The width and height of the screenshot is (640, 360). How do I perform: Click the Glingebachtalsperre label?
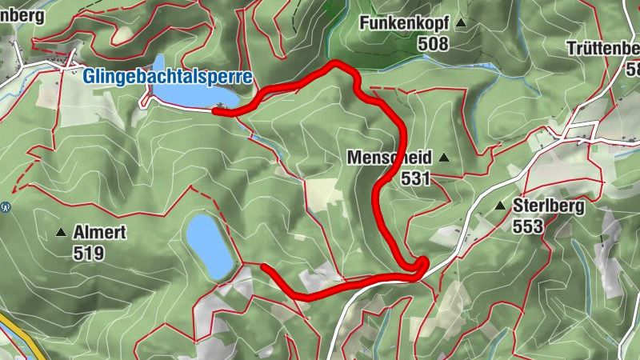click(167, 78)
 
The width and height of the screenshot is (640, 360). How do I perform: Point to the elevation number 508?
click(433, 44)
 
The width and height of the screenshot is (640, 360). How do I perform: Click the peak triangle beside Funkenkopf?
click(461, 24)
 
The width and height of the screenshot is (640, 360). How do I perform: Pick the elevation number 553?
click(528, 226)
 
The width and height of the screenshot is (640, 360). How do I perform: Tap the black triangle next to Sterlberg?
click(501, 206)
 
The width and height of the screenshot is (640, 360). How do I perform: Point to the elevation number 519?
click(88, 254)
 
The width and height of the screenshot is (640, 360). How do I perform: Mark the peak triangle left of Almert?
click(61, 234)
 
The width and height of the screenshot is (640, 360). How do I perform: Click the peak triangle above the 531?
click(444, 158)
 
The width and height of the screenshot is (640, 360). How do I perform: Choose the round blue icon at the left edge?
click(6, 206)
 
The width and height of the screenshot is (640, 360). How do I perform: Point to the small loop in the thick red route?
click(420, 266)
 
